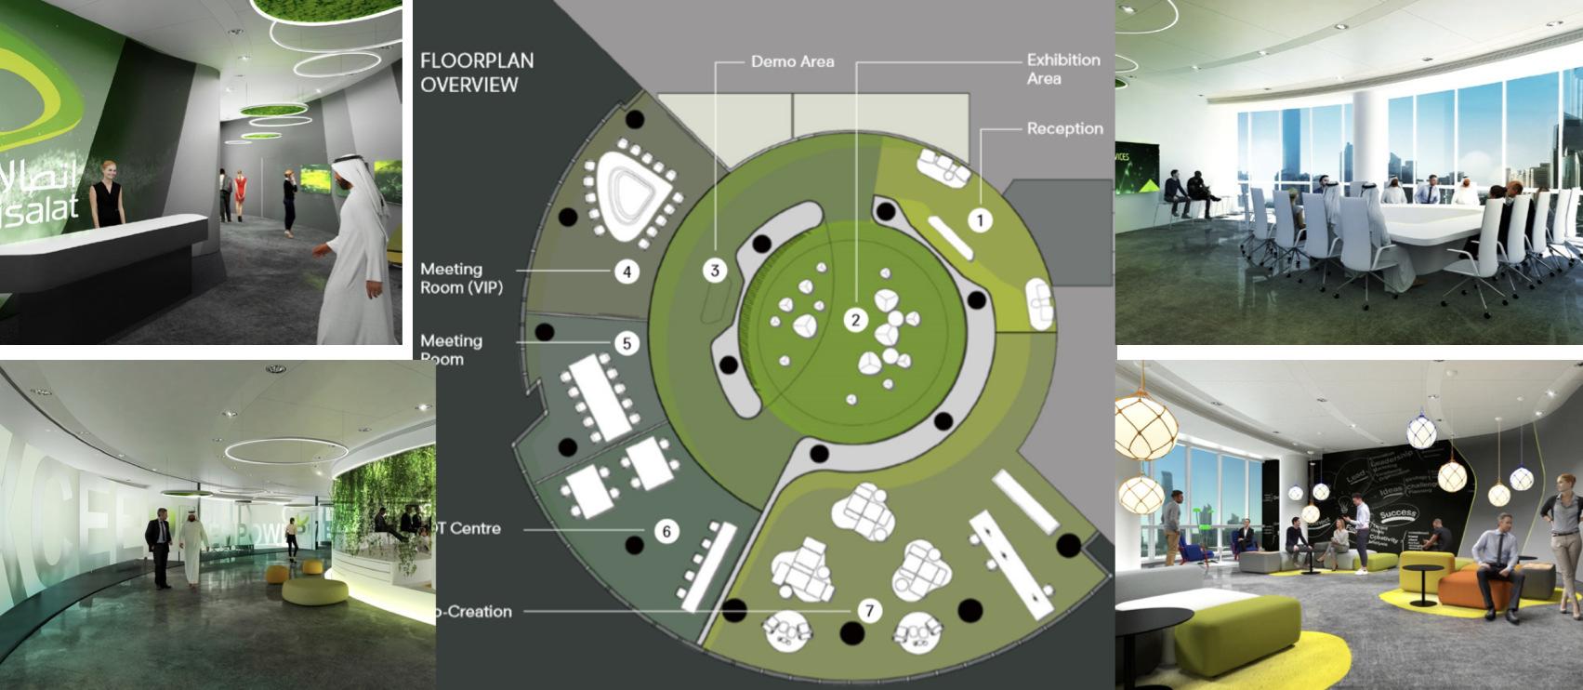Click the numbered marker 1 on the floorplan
980,220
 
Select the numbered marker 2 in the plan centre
855,321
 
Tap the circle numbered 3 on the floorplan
715,271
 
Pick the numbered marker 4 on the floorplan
627,272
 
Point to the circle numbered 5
627,343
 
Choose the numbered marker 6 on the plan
666,531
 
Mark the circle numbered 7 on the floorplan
869,611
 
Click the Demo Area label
792,62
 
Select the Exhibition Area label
1062,69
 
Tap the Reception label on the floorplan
1064,128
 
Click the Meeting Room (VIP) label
461,278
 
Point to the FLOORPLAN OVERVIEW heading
476,73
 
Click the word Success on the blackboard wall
1397,514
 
